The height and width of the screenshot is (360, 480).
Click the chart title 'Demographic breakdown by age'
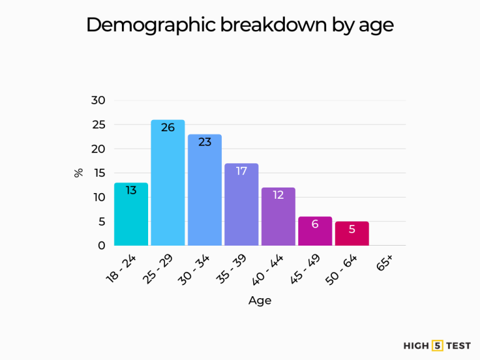point(240,25)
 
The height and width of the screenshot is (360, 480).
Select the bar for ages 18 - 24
point(131,216)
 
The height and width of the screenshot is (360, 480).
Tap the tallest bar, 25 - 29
point(168,187)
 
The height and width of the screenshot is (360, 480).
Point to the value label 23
point(205,142)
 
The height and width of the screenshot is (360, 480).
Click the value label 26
point(168,127)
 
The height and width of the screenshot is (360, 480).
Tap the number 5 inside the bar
point(352,229)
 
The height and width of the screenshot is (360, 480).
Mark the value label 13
point(131,190)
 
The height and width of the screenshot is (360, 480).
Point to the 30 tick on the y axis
point(99,100)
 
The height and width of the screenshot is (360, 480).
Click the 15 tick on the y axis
point(99,173)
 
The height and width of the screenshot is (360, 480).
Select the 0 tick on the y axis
point(102,246)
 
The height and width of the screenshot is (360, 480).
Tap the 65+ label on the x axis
point(384,264)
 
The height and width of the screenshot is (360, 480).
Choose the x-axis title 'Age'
point(260,301)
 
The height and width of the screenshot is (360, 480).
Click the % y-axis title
point(79,172)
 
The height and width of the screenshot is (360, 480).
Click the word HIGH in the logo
point(416,345)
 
